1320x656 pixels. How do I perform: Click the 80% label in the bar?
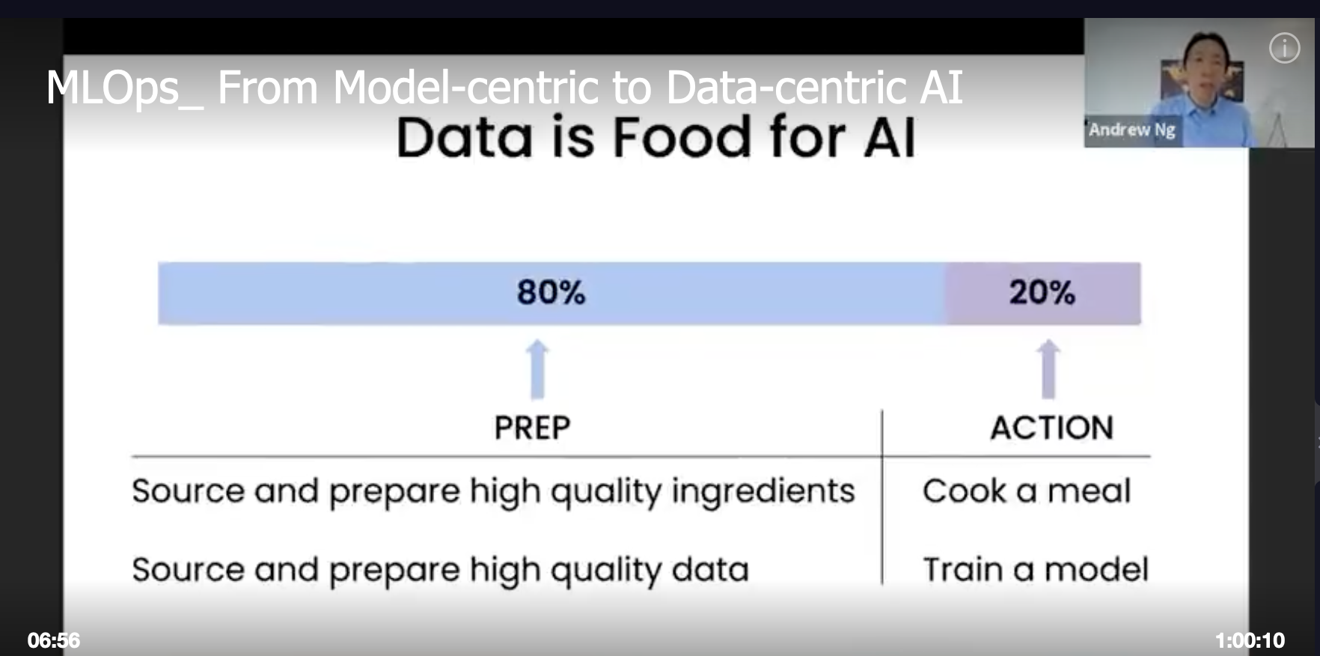tap(551, 292)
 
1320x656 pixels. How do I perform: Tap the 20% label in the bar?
tap(1042, 292)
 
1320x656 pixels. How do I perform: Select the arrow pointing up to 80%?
tap(537, 369)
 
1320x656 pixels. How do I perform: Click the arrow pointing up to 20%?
tap(1048, 369)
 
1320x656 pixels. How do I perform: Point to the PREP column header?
tap(532, 428)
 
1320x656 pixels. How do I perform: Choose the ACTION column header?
tap(1052, 428)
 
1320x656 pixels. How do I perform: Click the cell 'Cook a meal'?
tap(1027, 491)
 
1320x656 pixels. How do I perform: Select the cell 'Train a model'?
tap(1036, 569)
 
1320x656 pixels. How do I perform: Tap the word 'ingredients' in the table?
tap(763, 493)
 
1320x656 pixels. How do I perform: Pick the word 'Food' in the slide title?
tap(682, 138)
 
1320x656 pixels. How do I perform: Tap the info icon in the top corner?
tap(1285, 48)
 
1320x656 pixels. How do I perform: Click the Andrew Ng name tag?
tap(1132, 130)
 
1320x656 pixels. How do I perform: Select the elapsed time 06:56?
tap(54, 640)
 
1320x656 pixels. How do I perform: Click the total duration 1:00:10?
tap(1250, 640)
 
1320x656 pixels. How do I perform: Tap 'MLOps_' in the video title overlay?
tap(124, 88)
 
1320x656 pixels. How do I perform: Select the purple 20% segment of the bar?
tap(1043, 293)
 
